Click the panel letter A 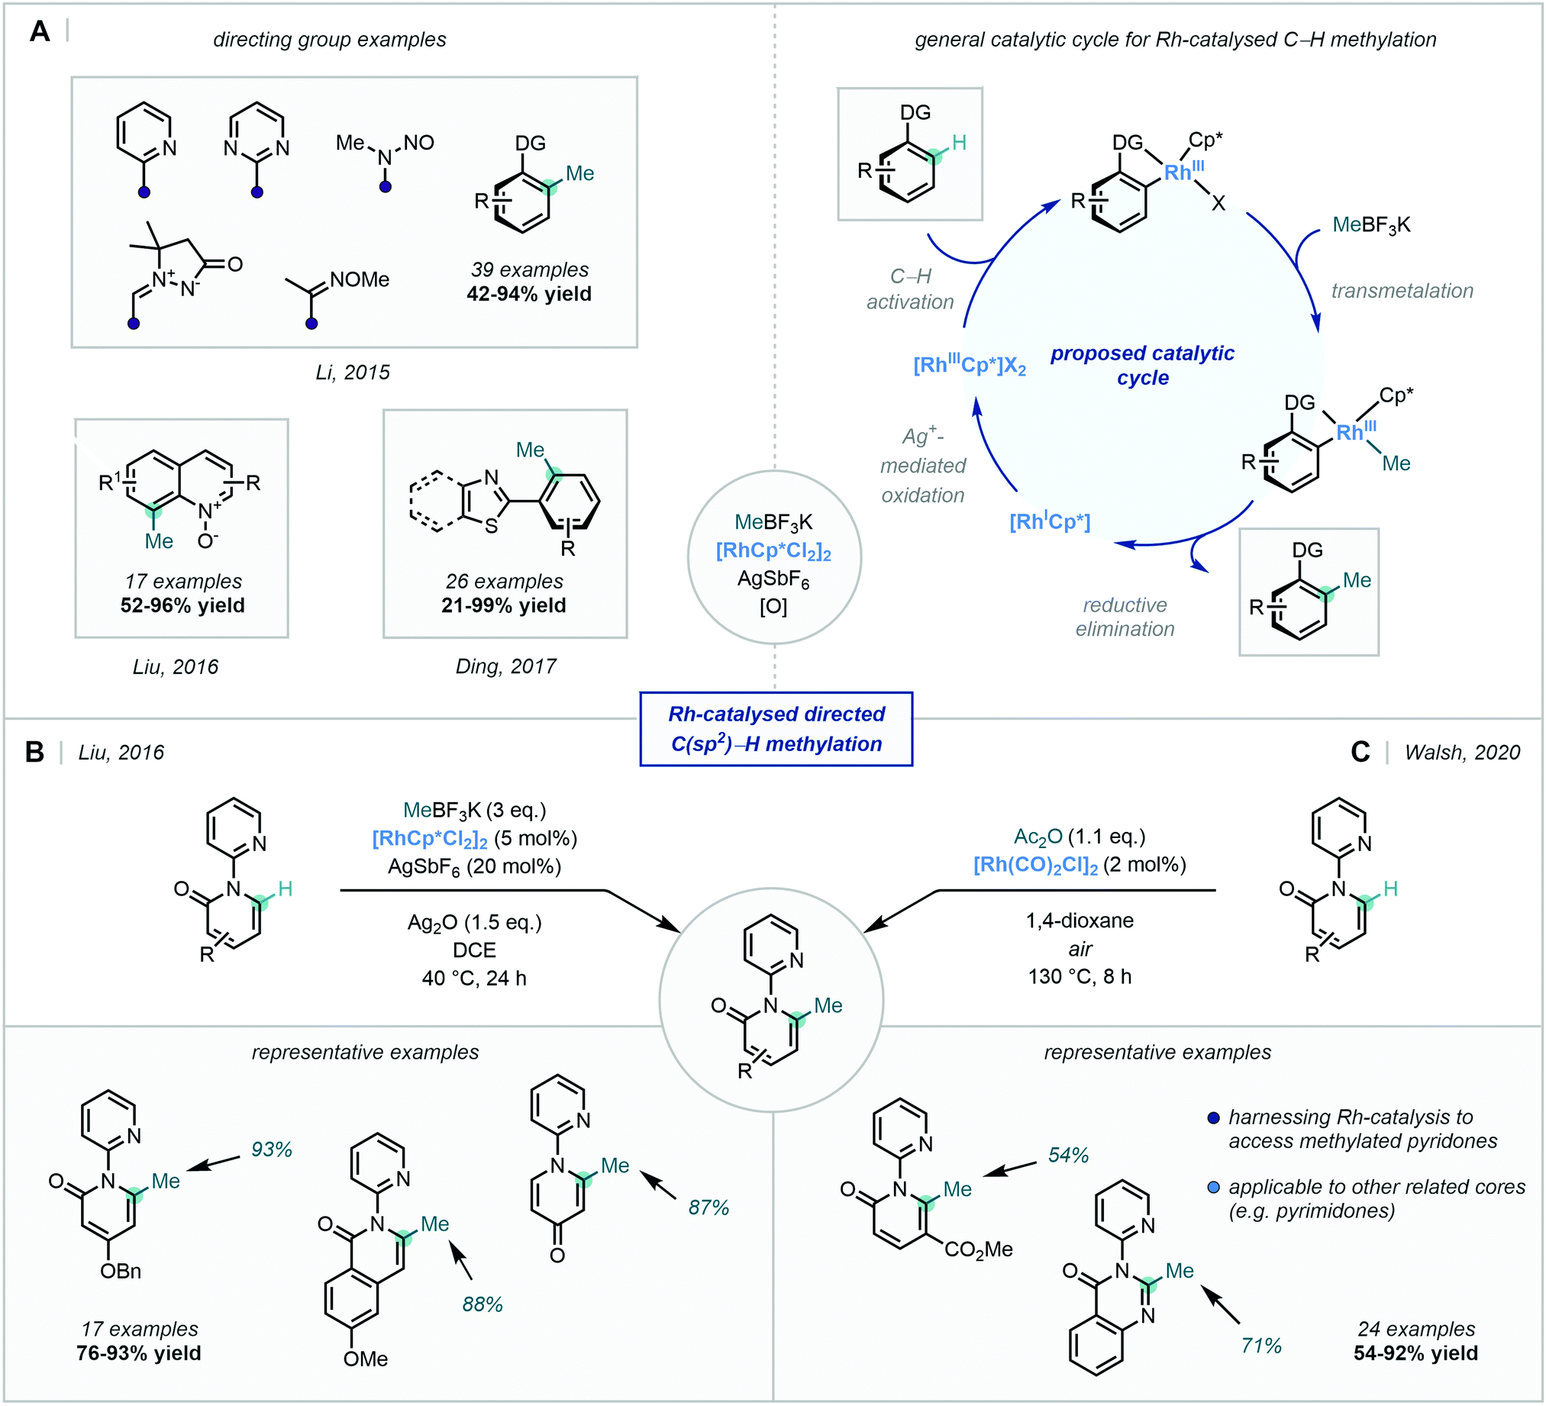(39, 32)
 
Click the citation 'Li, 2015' (352, 372)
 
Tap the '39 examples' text (530, 270)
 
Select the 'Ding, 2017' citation (505, 666)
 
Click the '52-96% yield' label (182, 605)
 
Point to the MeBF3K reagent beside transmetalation (1371, 225)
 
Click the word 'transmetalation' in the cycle (1402, 291)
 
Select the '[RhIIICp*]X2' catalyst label (970, 366)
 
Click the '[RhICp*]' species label (1049, 522)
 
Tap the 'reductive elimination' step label (1125, 617)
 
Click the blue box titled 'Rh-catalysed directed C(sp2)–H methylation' (776, 729)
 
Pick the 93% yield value (272, 1150)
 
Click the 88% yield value (483, 1304)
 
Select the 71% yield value (1260, 1346)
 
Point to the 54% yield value (1068, 1155)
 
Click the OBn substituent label (121, 1271)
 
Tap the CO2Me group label (978, 1250)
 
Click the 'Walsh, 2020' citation (1462, 752)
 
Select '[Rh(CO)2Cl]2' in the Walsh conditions (1035, 866)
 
